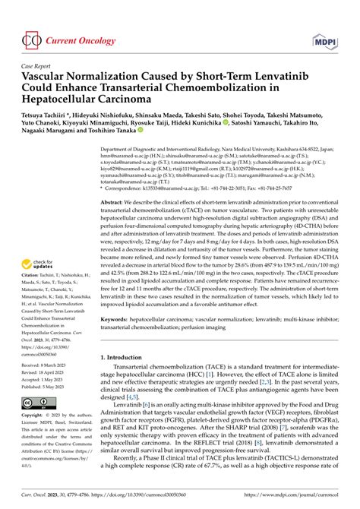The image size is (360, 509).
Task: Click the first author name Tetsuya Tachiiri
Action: pyautogui.click(x=52, y=120)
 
